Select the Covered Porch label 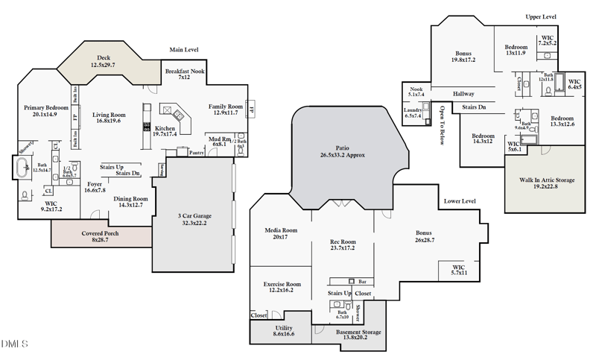coord(100,236)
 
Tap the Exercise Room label coord(282,288)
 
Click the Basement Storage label coord(358,334)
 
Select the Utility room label coord(283,332)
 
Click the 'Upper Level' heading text coord(542,16)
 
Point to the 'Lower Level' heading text coord(460,201)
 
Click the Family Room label coord(226,109)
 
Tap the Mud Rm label coord(219,140)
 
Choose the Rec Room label coord(343,245)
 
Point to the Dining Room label coord(130,202)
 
